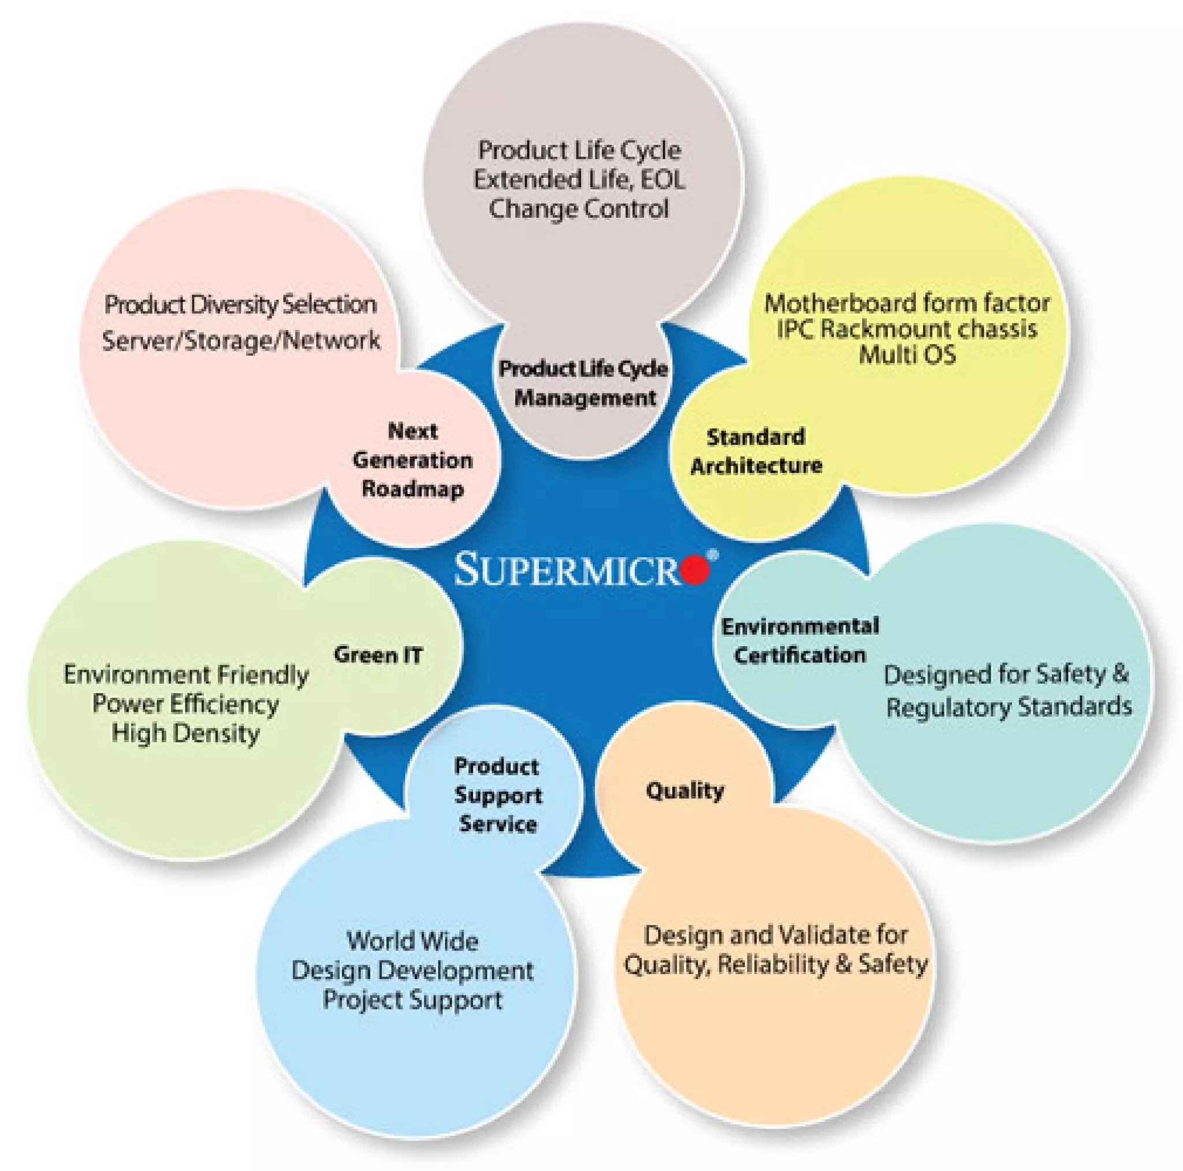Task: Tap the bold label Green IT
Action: [378, 655]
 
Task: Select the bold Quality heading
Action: [684, 790]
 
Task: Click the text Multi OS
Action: [907, 355]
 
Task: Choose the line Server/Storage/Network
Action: [241, 340]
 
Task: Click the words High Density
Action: [185, 733]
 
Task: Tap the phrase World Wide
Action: [412, 941]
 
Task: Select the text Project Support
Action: [412, 1000]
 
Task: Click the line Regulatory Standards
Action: [1009, 707]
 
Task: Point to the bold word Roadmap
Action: [412, 488]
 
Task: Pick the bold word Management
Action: [585, 398]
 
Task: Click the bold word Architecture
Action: [756, 465]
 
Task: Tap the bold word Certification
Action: [799, 655]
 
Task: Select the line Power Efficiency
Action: [185, 703]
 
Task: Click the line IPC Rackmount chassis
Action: [907, 329]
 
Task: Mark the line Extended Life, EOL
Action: [579, 180]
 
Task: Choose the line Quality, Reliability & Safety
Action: [775, 965]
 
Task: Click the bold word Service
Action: [498, 824]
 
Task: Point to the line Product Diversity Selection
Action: [240, 304]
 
